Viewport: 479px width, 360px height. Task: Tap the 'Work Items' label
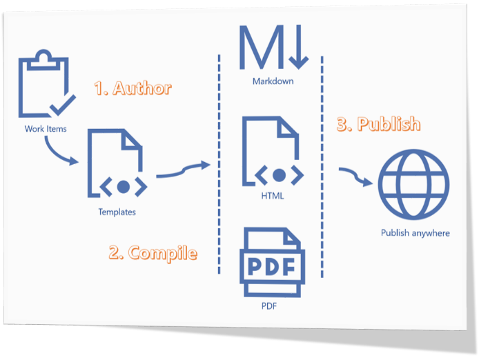coord(46,129)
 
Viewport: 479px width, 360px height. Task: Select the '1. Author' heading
coord(133,88)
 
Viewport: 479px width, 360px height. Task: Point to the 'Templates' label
coord(117,212)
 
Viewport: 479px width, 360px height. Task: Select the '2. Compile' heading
coord(153,252)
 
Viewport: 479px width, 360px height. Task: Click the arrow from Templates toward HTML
coord(183,170)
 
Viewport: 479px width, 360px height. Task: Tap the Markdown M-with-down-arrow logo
coord(273,48)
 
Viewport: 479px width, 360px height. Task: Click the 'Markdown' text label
coord(273,81)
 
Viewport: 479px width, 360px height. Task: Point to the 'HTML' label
coord(273,197)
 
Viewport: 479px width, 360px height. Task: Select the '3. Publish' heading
coord(378,124)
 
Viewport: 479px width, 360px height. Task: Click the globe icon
coord(415,183)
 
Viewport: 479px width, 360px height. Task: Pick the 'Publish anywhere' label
coord(415,233)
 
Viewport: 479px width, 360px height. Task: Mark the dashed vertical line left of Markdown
coord(219,166)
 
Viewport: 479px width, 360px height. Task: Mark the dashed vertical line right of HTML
coord(322,166)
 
